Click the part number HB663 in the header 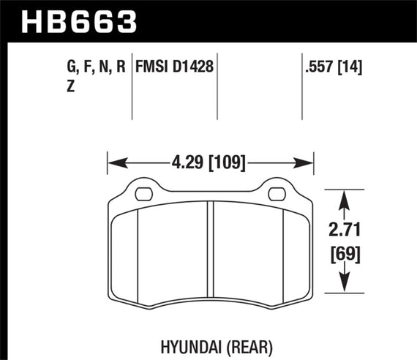pyautogui.click(x=80, y=20)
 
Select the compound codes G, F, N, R pyautogui.click(x=96, y=68)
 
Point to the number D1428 pyautogui.click(x=194, y=68)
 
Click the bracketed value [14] pyautogui.click(x=356, y=68)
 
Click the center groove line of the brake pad pyautogui.click(x=211, y=249)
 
